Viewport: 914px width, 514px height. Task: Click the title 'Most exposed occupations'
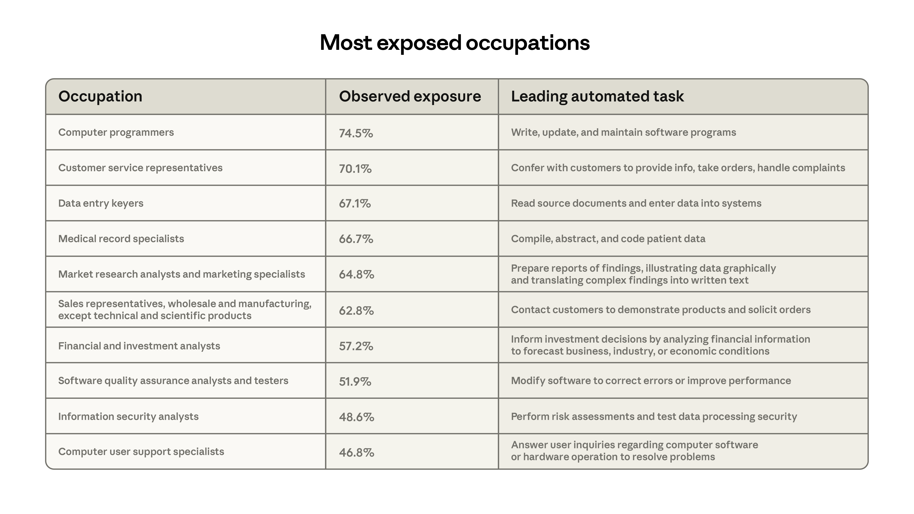[455, 43]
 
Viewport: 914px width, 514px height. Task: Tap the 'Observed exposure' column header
[410, 96]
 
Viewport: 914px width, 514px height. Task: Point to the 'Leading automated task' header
[597, 96]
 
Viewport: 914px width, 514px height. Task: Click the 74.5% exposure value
[356, 133]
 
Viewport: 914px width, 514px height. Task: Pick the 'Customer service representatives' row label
[140, 168]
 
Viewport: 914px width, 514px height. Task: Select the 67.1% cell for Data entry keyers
[355, 204]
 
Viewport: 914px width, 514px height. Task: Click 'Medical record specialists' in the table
[121, 239]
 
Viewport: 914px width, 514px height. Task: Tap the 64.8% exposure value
[356, 275]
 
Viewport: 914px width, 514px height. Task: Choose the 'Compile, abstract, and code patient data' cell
[608, 239]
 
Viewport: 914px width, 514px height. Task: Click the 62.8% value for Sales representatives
[356, 311]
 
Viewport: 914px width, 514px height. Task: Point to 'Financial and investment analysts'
[139, 346]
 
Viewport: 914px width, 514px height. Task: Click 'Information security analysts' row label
[128, 417]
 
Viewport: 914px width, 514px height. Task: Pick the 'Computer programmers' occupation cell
[116, 132]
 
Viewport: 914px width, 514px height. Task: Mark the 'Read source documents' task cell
[636, 203]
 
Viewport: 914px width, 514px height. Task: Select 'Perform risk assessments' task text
[654, 417]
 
